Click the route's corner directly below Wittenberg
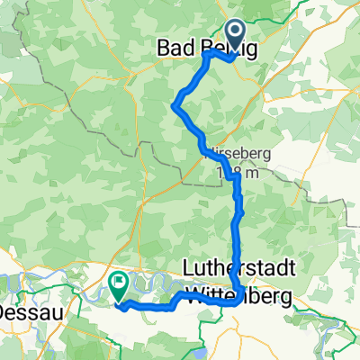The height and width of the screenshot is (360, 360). pyautogui.click(x=237, y=304)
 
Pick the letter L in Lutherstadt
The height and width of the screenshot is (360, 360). pyautogui.click(x=186, y=269)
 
